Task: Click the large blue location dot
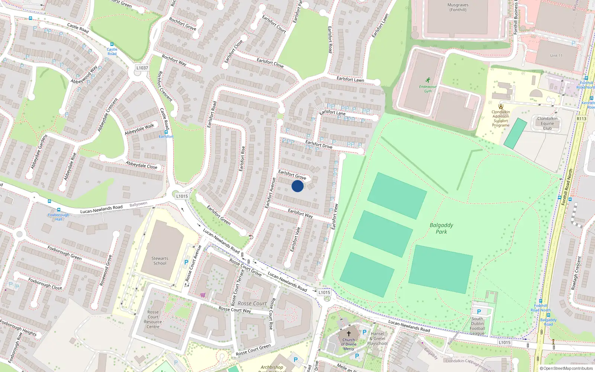point(297,186)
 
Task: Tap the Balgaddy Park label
point(441,228)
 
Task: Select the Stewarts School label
point(160,261)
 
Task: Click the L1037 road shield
point(142,68)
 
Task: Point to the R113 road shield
point(581,119)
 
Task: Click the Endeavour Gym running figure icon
point(428,80)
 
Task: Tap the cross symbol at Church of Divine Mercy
point(349,334)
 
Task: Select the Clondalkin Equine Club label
point(547,124)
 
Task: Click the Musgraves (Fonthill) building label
point(458,7)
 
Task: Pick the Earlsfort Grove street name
point(292,174)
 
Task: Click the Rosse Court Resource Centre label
point(153,320)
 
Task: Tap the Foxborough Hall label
point(58,217)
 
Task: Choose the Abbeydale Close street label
point(141,165)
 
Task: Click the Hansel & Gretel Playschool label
point(377,339)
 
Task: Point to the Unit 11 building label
point(556,56)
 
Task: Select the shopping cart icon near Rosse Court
point(203,295)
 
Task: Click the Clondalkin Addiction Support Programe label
point(501,118)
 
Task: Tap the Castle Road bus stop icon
point(112,44)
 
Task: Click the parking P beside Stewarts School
point(186,262)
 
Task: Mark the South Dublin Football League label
point(477,326)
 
